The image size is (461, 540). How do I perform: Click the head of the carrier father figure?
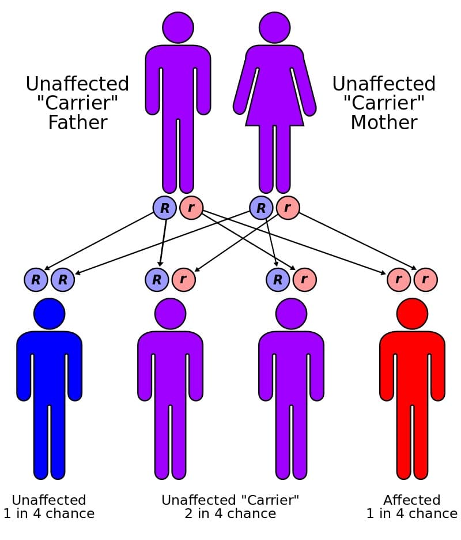pyautogui.click(x=178, y=27)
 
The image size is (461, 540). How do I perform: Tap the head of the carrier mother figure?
pyautogui.click(x=274, y=27)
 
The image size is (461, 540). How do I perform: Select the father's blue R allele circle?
pyautogui.click(x=164, y=208)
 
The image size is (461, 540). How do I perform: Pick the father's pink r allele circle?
pyautogui.click(x=191, y=208)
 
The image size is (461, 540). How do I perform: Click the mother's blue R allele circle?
pyautogui.click(x=261, y=208)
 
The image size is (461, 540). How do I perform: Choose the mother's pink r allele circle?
pyautogui.click(x=288, y=208)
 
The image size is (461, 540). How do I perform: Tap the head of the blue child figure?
pyautogui.click(x=50, y=313)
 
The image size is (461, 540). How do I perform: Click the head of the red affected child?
pyautogui.click(x=412, y=313)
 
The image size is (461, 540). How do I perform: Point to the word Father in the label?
pyautogui.click(x=77, y=123)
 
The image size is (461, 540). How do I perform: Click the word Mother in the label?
pyautogui.click(x=384, y=123)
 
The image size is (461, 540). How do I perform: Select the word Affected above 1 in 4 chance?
pyautogui.click(x=411, y=500)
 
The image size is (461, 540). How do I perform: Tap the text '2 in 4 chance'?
pyautogui.click(x=230, y=513)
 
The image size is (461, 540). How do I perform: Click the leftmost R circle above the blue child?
pyautogui.click(x=36, y=280)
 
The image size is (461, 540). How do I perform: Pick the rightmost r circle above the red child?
pyautogui.click(x=425, y=280)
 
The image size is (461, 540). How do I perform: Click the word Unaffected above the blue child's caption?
pyautogui.click(x=49, y=500)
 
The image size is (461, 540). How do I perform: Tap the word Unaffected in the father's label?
pyautogui.click(x=77, y=84)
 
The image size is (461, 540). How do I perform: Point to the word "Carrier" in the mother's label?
pyautogui.click(x=384, y=104)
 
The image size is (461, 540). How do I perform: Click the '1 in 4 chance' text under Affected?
pyautogui.click(x=411, y=513)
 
